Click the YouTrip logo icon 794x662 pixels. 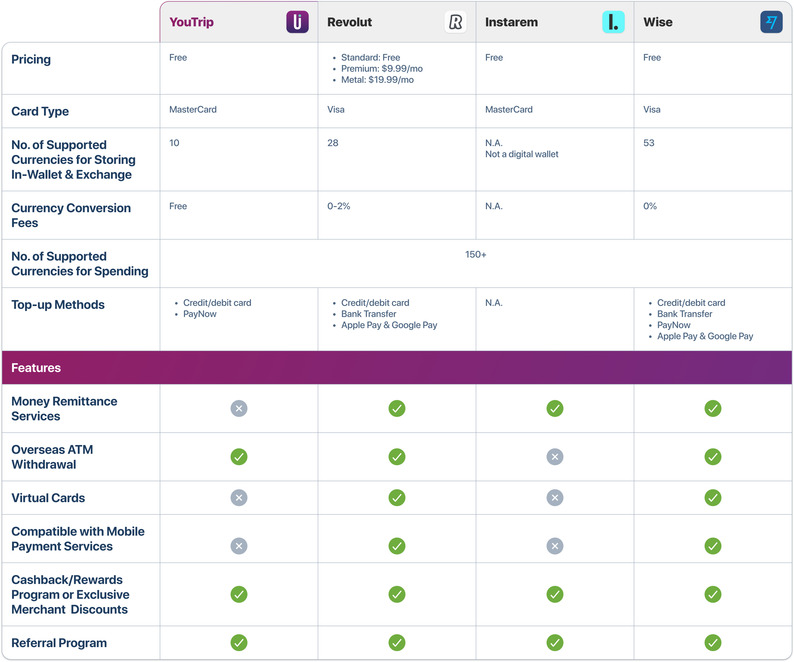[297, 22]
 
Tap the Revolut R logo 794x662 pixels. [455, 22]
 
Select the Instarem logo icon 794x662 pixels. [613, 22]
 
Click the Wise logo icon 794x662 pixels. [771, 22]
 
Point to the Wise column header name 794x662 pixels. [658, 22]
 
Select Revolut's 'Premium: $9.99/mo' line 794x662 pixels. [381, 69]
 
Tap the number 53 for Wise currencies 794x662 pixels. [649, 143]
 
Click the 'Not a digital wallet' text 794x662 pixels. [521, 154]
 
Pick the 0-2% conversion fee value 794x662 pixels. [338, 206]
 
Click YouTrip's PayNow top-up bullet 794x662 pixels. [200, 314]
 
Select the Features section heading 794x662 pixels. [36, 368]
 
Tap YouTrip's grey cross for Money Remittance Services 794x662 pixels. [239, 408]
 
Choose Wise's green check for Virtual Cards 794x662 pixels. [713, 498]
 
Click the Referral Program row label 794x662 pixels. [59, 643]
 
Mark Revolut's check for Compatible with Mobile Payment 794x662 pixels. [397, 546]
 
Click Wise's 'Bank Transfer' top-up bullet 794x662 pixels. [684, 314]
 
